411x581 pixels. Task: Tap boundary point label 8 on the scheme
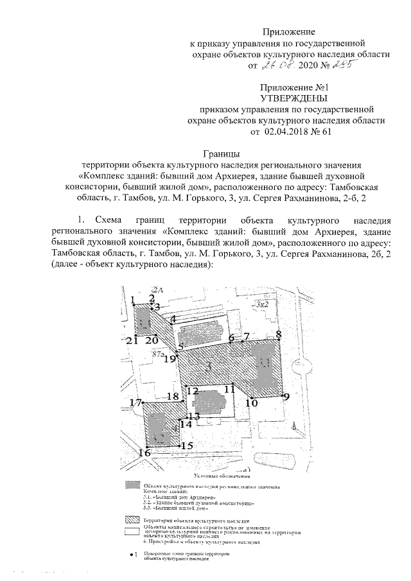pos(279,334)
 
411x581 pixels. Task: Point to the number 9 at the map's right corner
pos(286,396)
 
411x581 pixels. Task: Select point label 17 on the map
pos(134,403)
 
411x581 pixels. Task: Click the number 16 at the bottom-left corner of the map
pos(144,453)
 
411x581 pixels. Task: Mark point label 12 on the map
pos(192,390)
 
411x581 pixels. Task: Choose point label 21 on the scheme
pos(132,340)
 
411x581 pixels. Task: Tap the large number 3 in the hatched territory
pos(207,367)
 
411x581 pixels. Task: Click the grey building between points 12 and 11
pos(213,404)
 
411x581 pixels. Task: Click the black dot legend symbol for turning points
pos(132,553)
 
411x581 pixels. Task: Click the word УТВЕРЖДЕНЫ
pos(293,98)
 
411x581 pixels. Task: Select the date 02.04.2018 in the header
pos(285,131)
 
